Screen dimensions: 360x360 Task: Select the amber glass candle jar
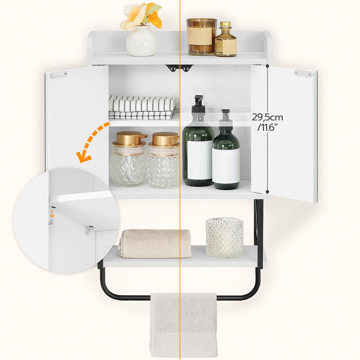202,37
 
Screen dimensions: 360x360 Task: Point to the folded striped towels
141,107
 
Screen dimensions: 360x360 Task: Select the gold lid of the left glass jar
129,138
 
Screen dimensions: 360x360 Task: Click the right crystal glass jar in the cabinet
164,162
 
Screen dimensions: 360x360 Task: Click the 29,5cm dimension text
267,117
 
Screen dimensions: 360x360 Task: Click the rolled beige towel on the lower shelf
156,243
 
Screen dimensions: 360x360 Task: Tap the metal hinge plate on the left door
58,75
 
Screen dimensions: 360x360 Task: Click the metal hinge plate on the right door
303,73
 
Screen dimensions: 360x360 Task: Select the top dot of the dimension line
267,66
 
